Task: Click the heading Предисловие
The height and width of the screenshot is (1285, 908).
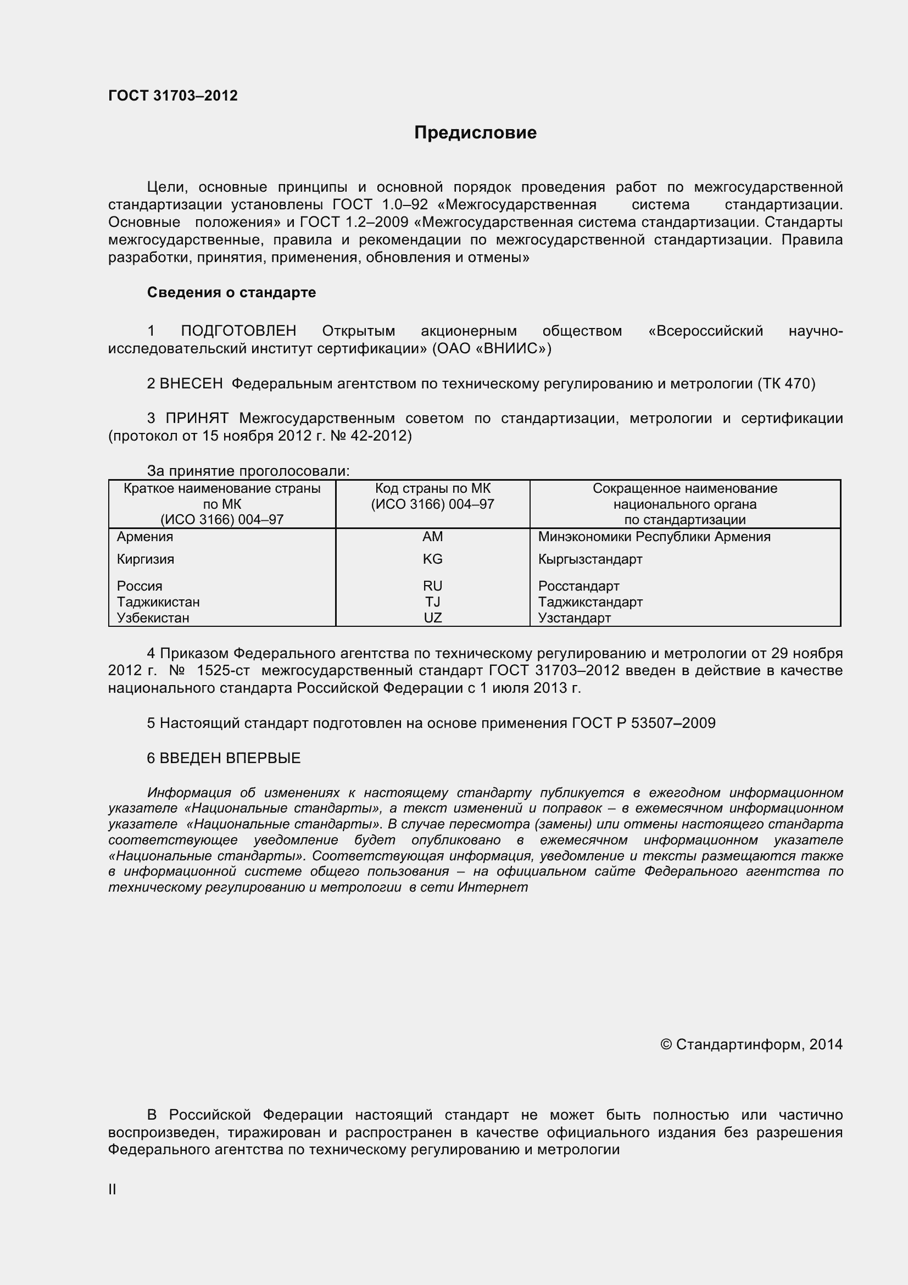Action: click(x=475, y=132)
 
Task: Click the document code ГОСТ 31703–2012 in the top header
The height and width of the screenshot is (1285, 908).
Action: click(x=173, y=96)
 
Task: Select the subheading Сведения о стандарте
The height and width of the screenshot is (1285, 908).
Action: click(x=231, y=292)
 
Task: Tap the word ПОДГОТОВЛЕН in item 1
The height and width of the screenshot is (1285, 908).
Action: click(x=238, y=331)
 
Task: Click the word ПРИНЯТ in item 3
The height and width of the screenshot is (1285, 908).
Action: click(x=197, y=418)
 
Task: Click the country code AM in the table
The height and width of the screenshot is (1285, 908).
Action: click(x=432, y=537)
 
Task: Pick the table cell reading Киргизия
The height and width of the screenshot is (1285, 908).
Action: click(x=146, y=559)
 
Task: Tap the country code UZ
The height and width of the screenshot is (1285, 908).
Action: click(x=432, y=618)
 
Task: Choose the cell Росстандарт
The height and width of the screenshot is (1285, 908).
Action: click(x=578, y=586)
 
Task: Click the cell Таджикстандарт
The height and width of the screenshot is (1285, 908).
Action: click(x=591, y=602)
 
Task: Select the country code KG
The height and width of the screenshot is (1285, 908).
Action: click(x=432, y=559)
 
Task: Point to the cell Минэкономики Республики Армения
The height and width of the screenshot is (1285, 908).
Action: click(x=654, y=537)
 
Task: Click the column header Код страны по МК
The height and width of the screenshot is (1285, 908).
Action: click(x=432, y=488)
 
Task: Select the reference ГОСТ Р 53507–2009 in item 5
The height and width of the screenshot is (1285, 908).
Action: click(x=643, y=723)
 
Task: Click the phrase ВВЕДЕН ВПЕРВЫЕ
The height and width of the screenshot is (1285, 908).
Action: click(x=230, y=758)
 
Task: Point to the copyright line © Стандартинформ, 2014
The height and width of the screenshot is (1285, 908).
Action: click(x=751, y=1044)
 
